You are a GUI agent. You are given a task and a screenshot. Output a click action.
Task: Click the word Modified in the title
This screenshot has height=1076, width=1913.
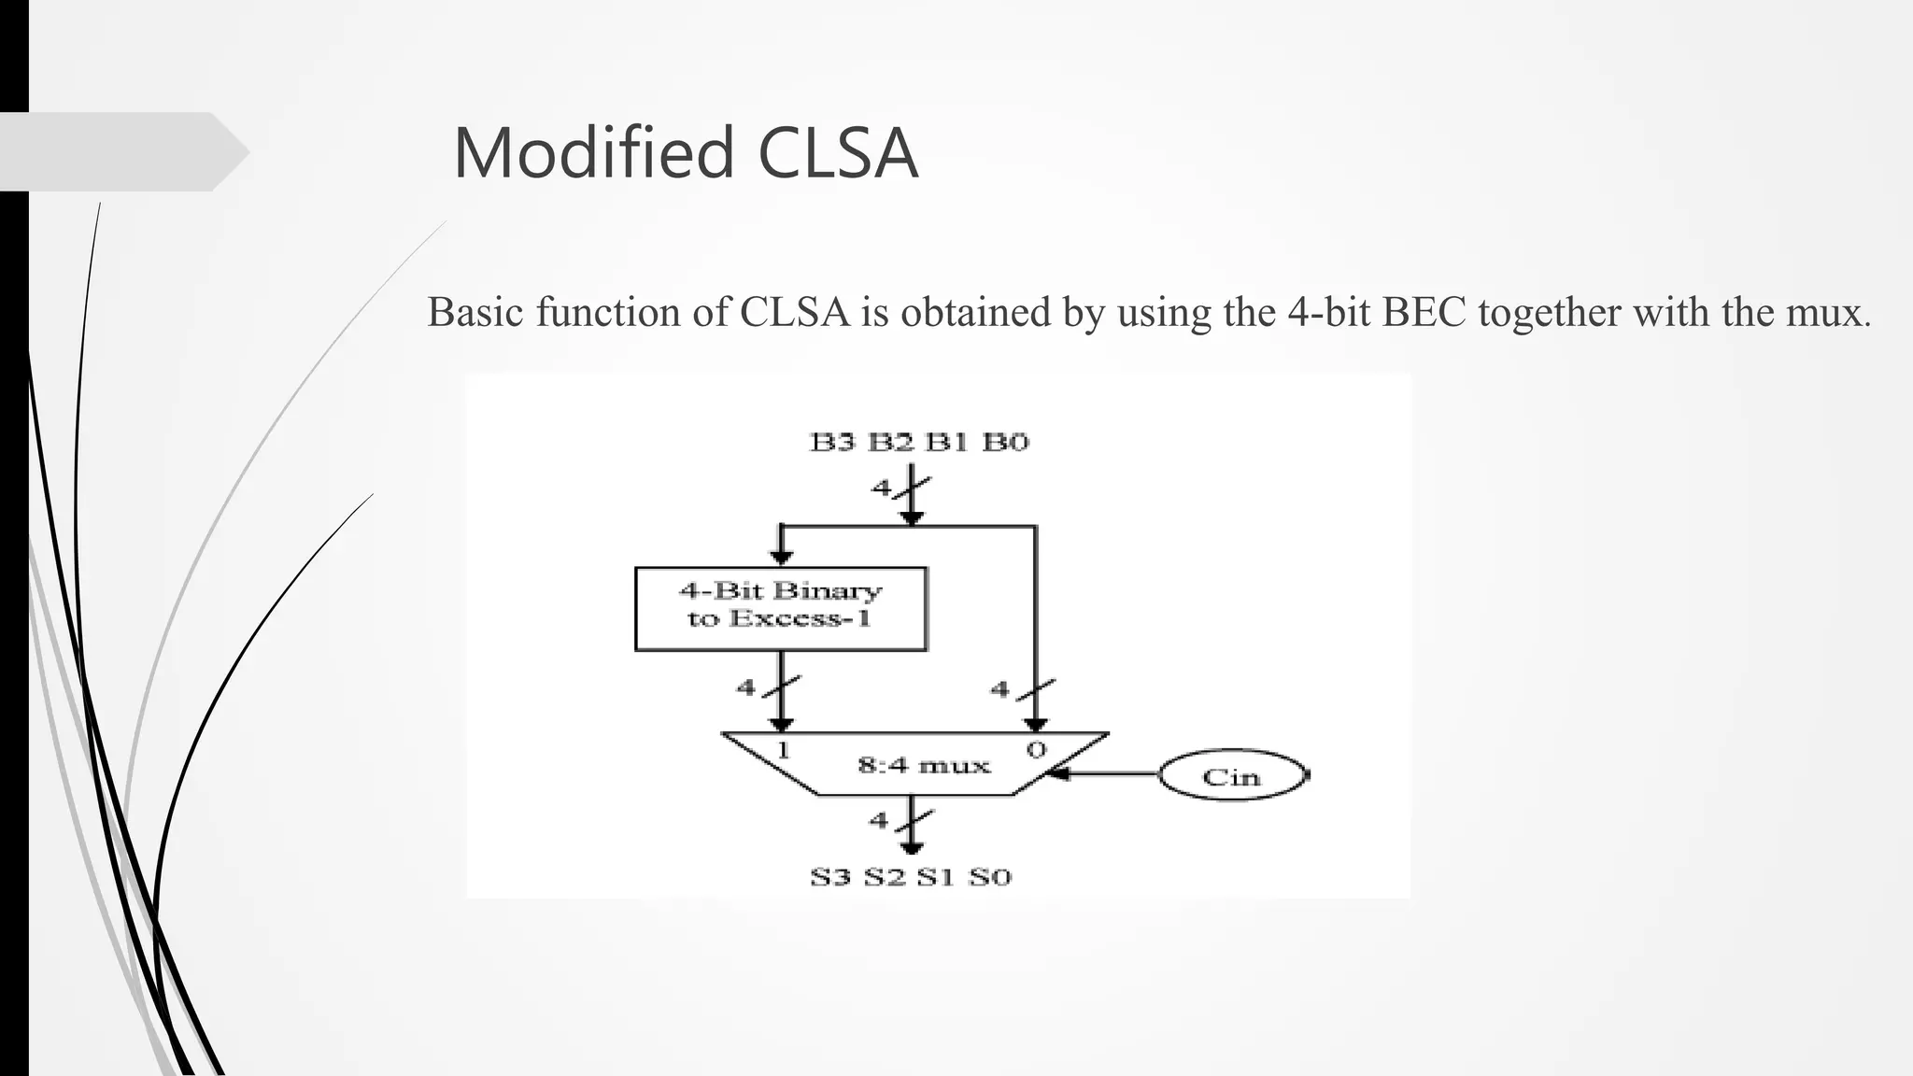point(594,153)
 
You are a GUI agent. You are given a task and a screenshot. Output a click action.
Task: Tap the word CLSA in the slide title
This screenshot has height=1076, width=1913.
point(838,153)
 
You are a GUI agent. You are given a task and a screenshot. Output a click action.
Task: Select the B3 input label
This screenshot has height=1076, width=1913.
point(831,442)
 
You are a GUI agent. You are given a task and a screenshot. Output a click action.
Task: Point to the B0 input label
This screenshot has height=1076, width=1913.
point(1005,442)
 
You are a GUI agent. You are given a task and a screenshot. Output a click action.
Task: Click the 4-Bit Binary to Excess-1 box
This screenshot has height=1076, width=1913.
point(781,608)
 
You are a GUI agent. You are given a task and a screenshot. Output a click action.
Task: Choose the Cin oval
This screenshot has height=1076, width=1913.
point(1232,776)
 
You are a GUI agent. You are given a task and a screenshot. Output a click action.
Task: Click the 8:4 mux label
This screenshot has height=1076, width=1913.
point(923,766)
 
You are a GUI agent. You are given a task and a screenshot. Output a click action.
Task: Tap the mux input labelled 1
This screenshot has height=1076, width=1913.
point(783,749)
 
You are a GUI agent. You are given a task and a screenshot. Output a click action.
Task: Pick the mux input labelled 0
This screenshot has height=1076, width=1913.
point(1036,749)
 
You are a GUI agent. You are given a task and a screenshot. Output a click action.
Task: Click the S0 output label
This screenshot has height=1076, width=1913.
point(990,877)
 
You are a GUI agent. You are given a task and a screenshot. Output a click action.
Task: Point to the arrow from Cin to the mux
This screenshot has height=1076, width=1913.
point(1102,773)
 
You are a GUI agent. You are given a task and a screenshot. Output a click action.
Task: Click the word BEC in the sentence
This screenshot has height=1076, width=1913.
point(1424,312)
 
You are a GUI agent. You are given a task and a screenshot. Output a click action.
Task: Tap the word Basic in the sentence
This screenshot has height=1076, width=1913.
point(476,312)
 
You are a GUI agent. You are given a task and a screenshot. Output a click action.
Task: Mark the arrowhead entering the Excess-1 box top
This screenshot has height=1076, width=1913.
point(782,558)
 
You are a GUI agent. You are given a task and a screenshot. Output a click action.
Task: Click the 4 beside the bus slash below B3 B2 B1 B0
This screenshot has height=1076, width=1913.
point(881,488)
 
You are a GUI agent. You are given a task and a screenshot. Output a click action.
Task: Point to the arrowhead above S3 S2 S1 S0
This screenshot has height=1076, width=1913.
point(912,847)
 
